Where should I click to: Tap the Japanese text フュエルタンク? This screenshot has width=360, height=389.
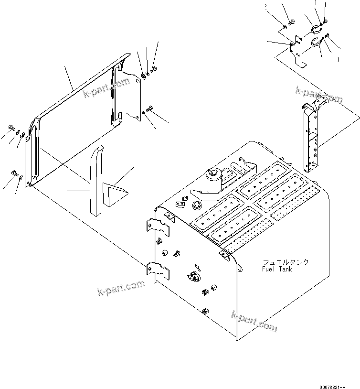click(285, 262)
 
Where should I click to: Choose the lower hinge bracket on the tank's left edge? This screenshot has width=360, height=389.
click(159, 271)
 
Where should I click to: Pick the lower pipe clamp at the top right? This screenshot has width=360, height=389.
click(315, 44)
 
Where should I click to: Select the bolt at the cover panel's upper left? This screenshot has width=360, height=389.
click(11, 127)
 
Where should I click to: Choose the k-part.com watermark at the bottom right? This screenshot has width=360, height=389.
click(254, 321)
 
